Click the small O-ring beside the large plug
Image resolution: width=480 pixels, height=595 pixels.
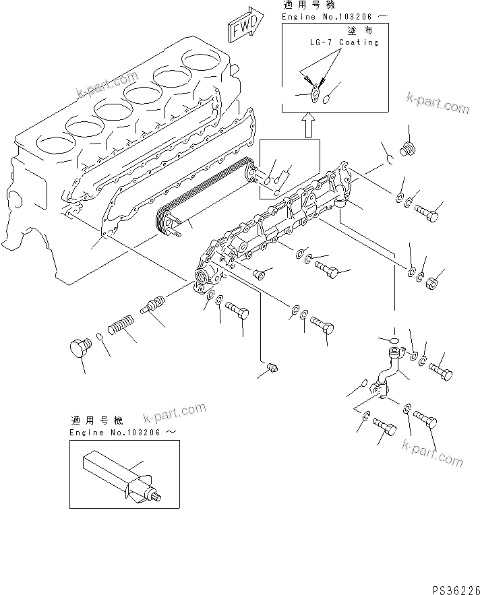pyautogui.click(x=99, y=338)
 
